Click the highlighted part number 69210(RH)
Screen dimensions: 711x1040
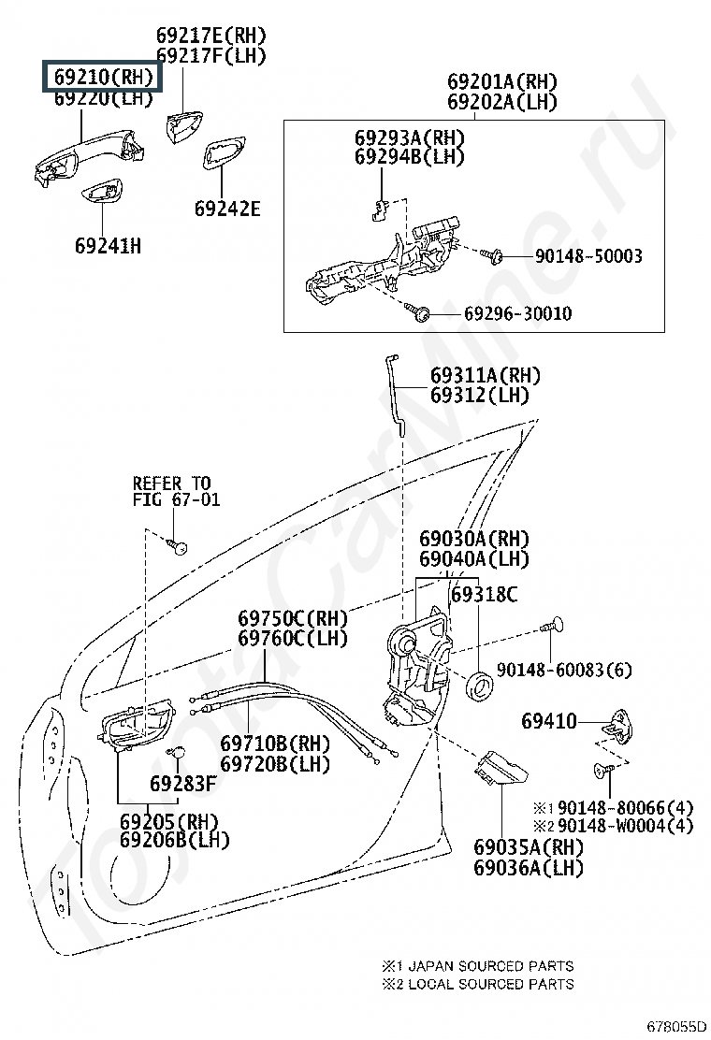(x=103, y=77)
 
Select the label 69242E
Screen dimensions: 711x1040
(x=226, y=209)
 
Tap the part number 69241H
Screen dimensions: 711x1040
(x=108, y=246)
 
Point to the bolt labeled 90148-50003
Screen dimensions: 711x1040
(x=491, y=254)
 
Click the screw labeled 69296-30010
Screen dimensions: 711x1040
(x=420, y=311)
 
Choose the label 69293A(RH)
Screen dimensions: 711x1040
(x=409, y=138)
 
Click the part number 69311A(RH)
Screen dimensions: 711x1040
(x=485, y=375)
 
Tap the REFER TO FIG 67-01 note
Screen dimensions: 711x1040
(x=176, y=491)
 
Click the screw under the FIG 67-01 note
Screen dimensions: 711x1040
(x=177, y=546)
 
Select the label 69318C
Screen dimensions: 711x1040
(x=484, y=594)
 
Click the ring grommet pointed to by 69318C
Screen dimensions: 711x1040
(x=480, y=686)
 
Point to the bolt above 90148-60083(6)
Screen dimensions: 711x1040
(x=552, y=626)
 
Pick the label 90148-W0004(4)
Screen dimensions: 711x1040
(x=625, y=826)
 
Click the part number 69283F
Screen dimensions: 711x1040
(x=182, y=784)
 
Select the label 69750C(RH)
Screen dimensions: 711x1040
(x=293, y=619)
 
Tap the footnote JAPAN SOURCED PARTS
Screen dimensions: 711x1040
(x=491, y=966)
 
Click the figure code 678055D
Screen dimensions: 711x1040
(x=676, y=1028)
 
